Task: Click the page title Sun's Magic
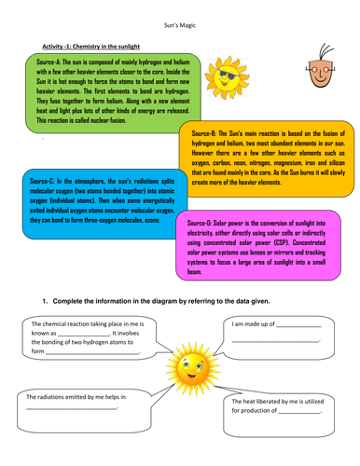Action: pyautogui.click(x=180, y=31)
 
